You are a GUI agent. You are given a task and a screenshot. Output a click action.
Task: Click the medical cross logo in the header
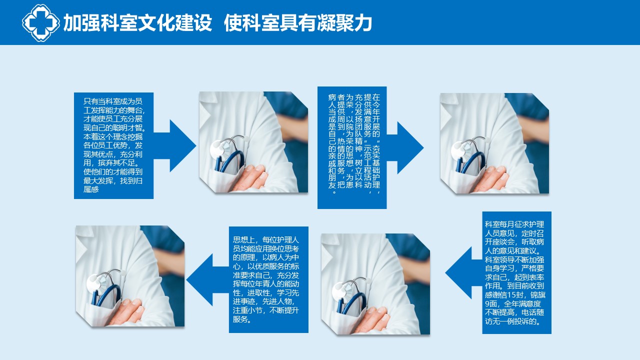[41, 23]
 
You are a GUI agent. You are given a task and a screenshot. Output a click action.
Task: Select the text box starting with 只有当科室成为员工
[113, 145]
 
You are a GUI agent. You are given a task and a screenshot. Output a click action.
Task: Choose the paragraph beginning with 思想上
[266, 279]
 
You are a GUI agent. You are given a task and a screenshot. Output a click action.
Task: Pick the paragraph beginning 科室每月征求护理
[514, 273]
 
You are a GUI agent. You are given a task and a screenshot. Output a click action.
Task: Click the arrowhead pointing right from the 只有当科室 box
[183, 145]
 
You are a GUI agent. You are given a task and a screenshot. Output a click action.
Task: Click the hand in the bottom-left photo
[126, 312]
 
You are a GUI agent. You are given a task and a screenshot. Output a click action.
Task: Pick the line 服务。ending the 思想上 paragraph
[242, 319]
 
